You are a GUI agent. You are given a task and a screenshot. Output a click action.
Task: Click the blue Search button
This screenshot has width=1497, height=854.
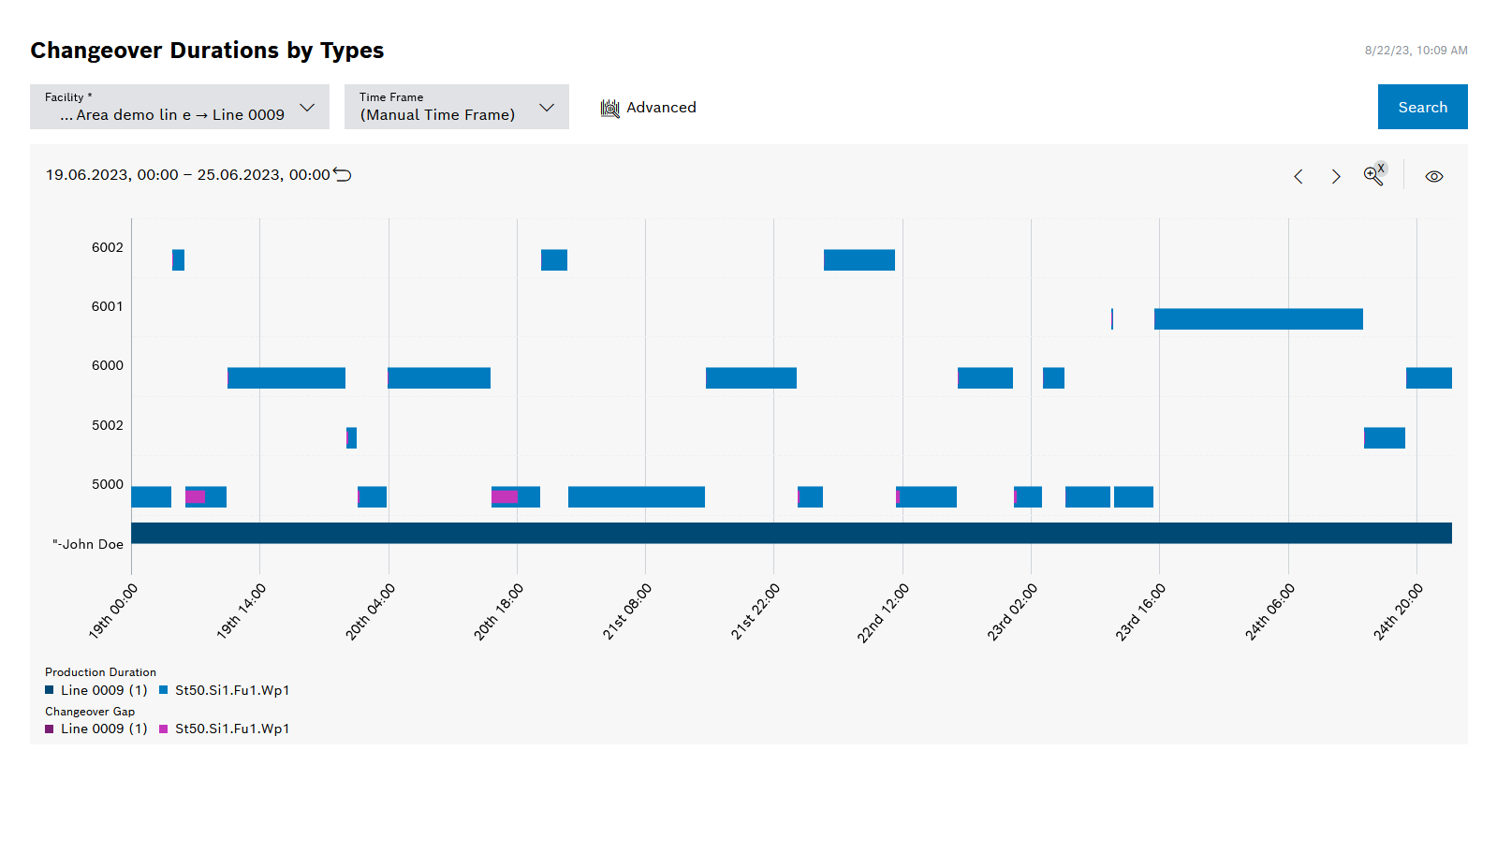coord(1422,107)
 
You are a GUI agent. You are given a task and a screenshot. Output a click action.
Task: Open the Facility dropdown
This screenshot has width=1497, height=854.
coord(179,107)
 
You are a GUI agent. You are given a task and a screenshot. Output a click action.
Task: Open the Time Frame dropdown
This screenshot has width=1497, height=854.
coord(456,107)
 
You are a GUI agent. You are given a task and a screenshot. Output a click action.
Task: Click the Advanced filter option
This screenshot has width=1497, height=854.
coord(649,108)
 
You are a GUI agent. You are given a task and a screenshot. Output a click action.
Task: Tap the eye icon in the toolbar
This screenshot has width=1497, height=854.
coord(1433,176)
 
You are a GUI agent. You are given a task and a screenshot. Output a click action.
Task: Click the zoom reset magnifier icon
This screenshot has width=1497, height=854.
coord(1373,175)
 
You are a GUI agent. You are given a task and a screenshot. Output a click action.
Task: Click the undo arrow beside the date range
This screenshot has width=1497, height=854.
coord(343,175)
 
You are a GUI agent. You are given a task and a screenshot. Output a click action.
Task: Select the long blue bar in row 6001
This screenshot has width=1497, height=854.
coord(1257,319)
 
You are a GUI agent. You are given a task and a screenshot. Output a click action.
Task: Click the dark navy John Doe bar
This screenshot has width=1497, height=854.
coord(791,533)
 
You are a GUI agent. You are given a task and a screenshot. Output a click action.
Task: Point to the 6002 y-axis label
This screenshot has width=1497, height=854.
coord(107,247)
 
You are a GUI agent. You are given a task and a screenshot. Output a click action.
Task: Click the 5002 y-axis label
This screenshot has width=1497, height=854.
coord(107,425)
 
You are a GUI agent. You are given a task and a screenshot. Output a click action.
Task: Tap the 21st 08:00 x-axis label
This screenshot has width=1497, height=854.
coord(626,611)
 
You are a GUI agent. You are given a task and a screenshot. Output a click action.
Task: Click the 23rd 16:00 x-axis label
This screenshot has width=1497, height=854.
coord(1139,611)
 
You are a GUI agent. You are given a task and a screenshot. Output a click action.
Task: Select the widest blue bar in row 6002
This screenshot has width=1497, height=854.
coord(859,260)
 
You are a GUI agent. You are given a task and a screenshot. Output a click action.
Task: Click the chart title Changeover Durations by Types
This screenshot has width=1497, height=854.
coord(207,51)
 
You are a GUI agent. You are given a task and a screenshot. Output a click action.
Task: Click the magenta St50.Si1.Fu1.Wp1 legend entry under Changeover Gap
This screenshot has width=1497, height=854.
coord(225,729)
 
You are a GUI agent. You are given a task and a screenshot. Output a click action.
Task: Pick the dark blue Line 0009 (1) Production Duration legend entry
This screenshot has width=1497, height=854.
coord(96,690)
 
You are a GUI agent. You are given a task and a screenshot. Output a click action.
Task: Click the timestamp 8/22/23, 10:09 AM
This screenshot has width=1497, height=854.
coord(1415,51)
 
